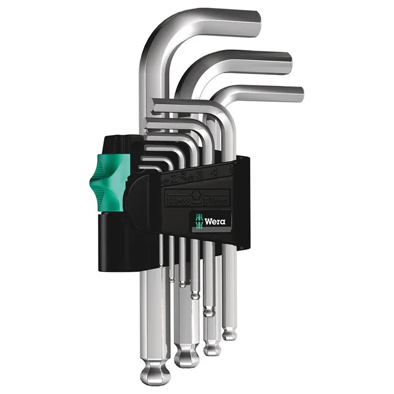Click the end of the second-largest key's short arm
[x=287, y=63]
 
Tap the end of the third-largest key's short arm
[x=299, y=94]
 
